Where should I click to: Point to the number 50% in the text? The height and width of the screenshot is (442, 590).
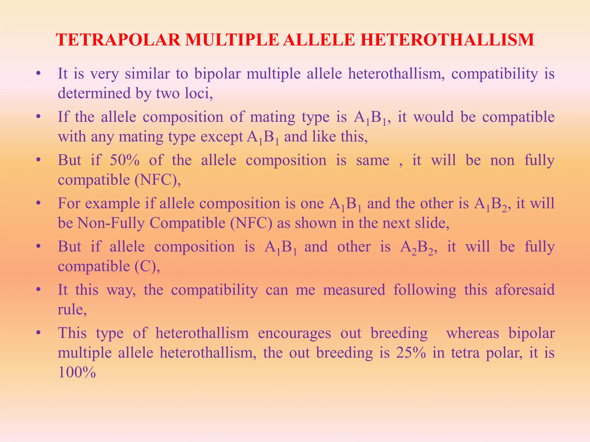(124, 160)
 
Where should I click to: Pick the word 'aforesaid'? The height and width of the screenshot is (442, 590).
(525, 290)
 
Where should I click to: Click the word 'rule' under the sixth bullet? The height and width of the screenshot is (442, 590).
(71, 309)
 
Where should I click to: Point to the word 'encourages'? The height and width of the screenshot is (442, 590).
(294, 333)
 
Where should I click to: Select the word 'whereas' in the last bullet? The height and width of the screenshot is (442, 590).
(472, 333)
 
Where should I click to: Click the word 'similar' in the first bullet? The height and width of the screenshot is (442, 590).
(147, 74)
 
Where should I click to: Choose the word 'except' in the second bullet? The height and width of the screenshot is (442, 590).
(222, 137)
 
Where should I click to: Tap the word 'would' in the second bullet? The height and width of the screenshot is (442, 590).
(434, 117)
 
